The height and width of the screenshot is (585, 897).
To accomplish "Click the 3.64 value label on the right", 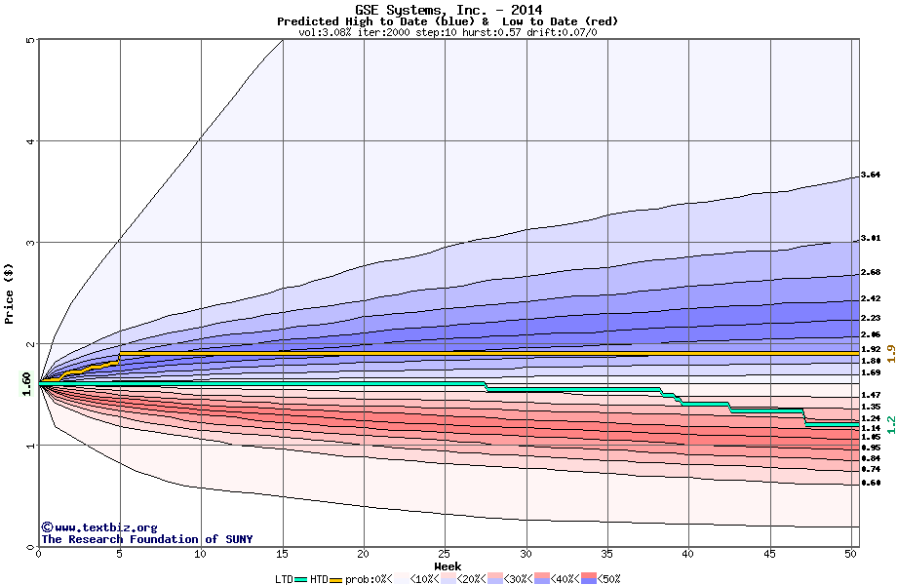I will click(x=872, y=175).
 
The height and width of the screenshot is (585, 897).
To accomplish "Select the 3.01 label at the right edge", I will click(x=872, y=237).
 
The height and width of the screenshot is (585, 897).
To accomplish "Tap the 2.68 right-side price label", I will click(x=872, y=272).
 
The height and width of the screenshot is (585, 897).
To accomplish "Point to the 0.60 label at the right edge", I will click(x=872, y=483).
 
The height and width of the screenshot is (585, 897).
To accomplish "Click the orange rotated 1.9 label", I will click(x=890, y=353).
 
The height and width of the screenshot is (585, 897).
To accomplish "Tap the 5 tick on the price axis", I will click(x=31, y=40).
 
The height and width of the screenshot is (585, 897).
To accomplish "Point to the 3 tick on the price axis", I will click(x=31, y=243).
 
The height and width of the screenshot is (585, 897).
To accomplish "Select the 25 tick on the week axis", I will click(x=445, y=554).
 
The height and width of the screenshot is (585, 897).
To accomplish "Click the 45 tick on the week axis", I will click(x=770, y=554).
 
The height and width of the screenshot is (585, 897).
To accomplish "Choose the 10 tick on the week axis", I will click(x=201, y=554).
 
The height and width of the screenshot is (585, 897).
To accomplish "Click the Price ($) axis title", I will click(x=10, y=292).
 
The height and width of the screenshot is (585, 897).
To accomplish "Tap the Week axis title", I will click(x=448, y=566).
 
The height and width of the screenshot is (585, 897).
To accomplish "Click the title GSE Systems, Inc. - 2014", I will click(x=448, y=10).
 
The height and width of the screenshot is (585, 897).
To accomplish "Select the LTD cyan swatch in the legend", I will click(x=301, y=578).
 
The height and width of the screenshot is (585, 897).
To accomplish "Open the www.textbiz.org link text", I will click(x=106, y=527).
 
